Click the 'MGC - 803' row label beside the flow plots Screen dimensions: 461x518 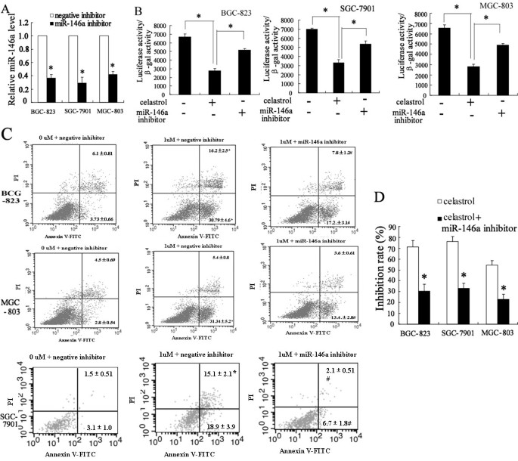(13, 285)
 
